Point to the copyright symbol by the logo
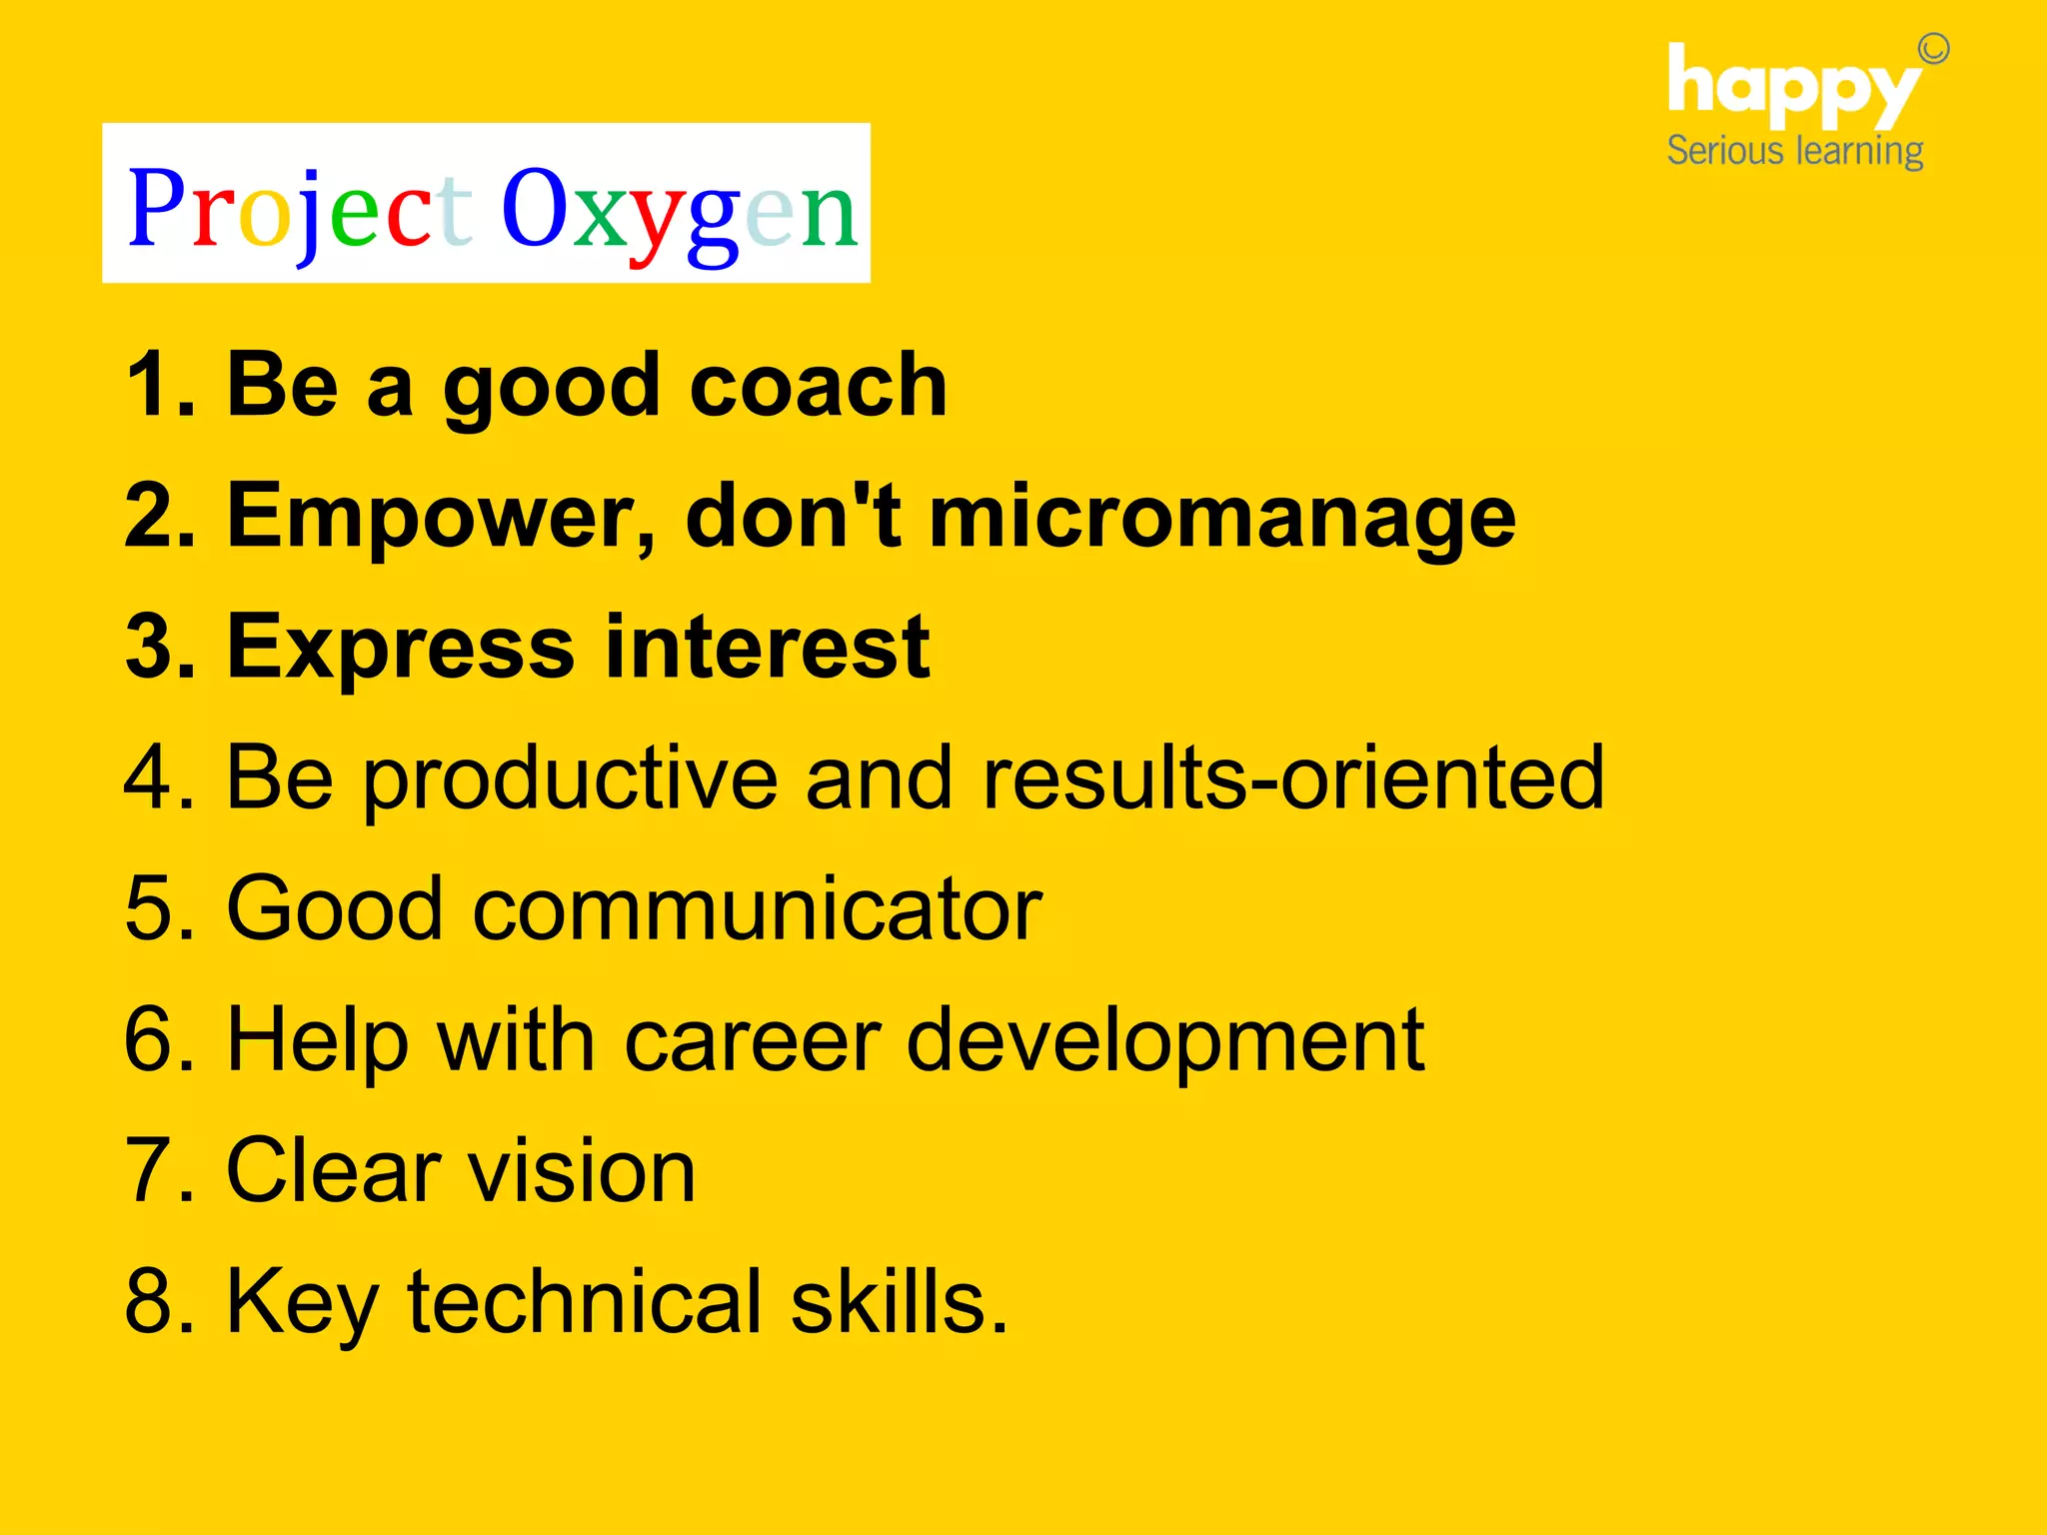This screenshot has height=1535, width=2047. coord(1933,48)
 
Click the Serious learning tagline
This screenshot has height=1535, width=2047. coord(1794,151)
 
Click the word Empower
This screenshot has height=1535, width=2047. coord(440,517)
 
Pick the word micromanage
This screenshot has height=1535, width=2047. coord(1221,517)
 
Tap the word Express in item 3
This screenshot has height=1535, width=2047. coord(401,648)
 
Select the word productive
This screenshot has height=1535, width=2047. coord(570,779)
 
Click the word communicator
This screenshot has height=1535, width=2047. coord(757,909)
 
